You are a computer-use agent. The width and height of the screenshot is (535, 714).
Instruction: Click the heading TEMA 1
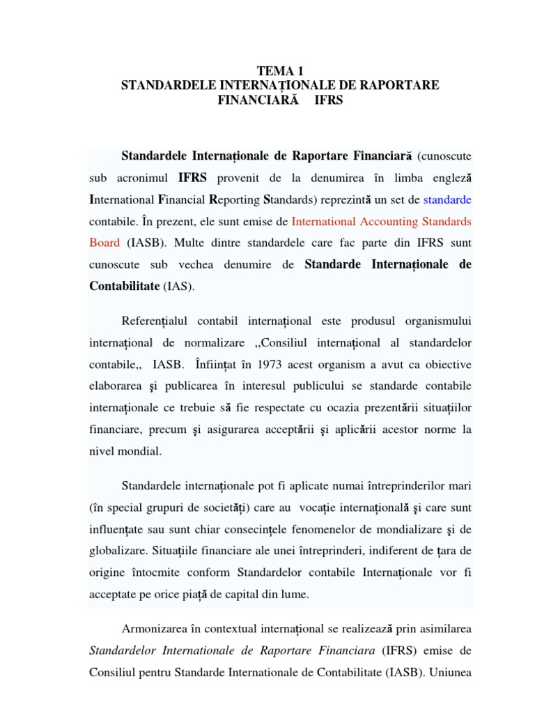click(281, 70)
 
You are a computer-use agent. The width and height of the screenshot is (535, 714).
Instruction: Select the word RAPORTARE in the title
click(401, 85)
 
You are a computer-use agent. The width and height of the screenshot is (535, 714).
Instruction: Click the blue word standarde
click(447, 199)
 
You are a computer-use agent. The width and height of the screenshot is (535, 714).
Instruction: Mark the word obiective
click(447, 364)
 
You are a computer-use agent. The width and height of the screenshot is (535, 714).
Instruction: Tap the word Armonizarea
click(155, 629)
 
